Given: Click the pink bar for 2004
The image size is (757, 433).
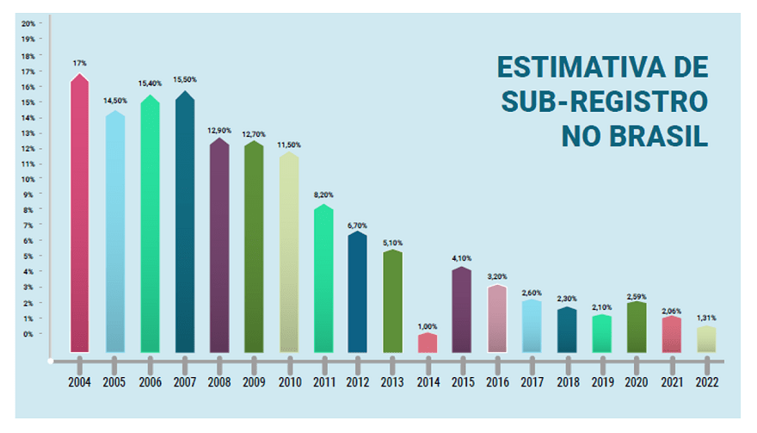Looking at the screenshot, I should pyautogui.click(x=80, y=215).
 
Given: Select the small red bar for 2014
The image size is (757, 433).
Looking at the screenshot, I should pyautogui.click(x=427, y=343).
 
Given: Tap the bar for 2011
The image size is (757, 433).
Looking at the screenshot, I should pyautogui.click(x=323, y=280).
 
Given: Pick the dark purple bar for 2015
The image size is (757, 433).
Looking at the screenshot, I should pyautogui.click(x=461, y=311).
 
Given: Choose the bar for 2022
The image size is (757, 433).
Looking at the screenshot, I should pyautogui.click(x=705, y=339).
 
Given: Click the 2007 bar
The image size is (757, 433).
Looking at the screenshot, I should pyautogui.click(x=184, y=224).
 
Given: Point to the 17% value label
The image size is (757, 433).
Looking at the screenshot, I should pyautogui.click(x=80, y=64).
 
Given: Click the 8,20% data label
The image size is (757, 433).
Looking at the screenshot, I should pyautogui.click(x=323, y=195).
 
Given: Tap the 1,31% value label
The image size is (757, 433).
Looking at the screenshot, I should pyautogui.click(x=705, y=318).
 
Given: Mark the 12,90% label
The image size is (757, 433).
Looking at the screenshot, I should pyautogui.click(x=218, y=130).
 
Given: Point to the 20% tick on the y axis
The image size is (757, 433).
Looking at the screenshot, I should pyautogui.click(x=28, y=23).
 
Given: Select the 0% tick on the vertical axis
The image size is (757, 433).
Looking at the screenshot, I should pyautogui.click(x=30, y=334).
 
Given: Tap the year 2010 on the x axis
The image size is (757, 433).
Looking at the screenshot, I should pyautogui.click(x=288, y=381).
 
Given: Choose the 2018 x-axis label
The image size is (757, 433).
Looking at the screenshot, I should pyautogui.click(x=566, y=381).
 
